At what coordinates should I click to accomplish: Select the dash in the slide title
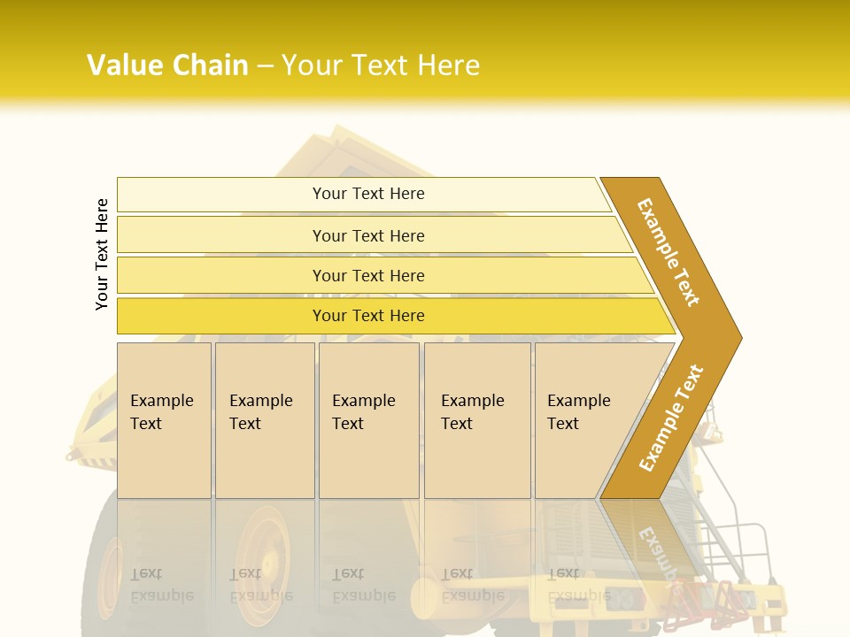tap(265, 66)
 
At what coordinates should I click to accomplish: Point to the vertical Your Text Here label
tap(102, 254)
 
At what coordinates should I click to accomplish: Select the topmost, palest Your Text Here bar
tap(368, 194)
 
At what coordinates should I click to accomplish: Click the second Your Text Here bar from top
tap(368, 235)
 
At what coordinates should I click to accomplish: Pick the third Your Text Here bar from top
tap(368, 275)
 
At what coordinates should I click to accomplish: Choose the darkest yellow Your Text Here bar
tap(368, 316)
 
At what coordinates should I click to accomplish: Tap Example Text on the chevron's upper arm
tap(668, 251)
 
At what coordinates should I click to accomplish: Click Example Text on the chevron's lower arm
tap(670, 418)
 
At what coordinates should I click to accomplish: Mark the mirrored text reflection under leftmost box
tap(161, 584)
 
